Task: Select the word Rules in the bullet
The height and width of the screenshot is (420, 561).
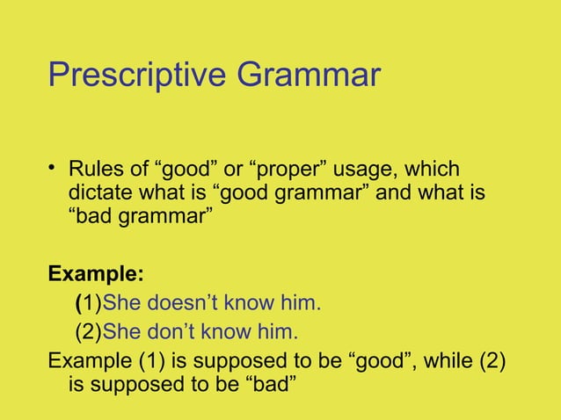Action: [x=94, y=170]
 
